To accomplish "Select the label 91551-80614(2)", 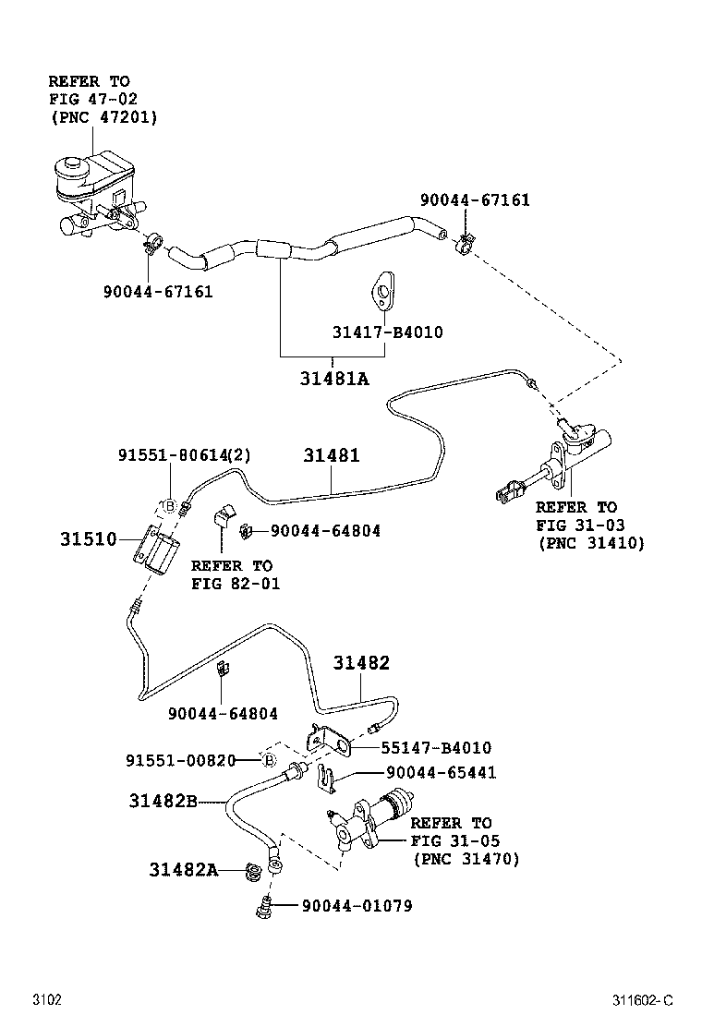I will point(185,455).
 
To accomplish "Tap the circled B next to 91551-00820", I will point(267,760).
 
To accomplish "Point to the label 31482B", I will point(163,801).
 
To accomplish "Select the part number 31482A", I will point(183,869).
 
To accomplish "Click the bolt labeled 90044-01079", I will point(262,909).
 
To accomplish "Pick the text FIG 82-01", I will point(235,583).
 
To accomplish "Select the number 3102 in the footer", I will point(47,1000).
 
